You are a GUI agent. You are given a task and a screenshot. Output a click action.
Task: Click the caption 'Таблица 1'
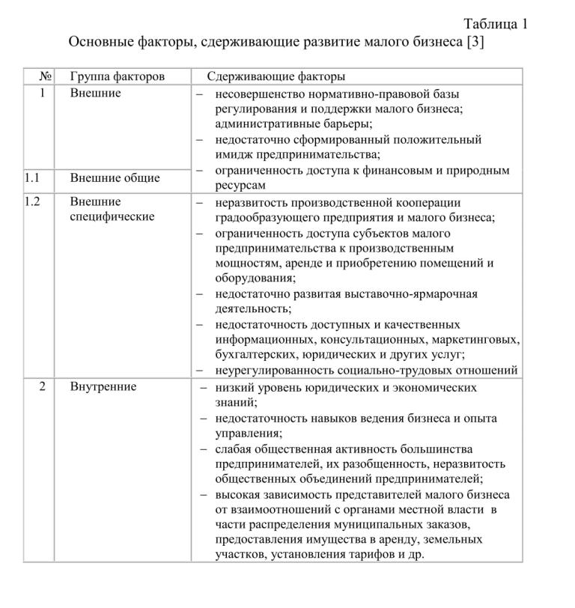point(496,23)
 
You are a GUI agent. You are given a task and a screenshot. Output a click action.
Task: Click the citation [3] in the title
point(475,42)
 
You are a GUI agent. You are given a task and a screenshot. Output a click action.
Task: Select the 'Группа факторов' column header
point(118,76)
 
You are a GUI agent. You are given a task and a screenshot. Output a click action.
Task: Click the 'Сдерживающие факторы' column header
point(276,76)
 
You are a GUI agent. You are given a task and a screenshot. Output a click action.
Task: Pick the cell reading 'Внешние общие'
point(115,178)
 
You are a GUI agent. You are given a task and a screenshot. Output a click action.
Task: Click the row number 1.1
point(31,178)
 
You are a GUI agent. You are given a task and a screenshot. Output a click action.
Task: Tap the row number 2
point(43,387)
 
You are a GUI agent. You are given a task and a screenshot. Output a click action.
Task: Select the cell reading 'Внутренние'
point(103,387)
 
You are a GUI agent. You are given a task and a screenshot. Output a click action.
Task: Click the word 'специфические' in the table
point(112,217)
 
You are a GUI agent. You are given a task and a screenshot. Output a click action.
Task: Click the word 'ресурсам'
point(240,185)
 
